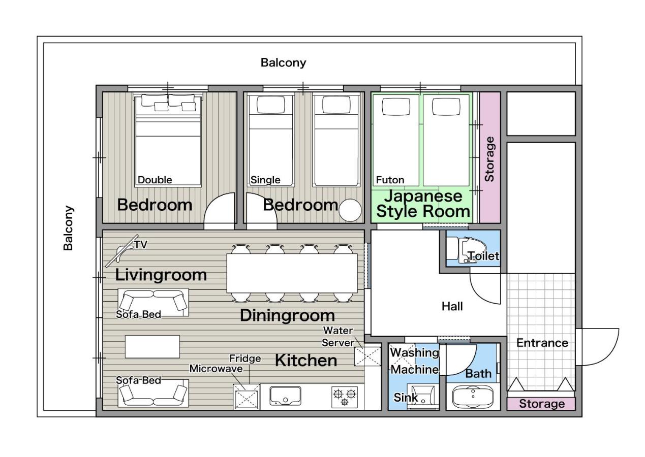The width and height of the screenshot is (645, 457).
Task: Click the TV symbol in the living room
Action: [x=122, y=250]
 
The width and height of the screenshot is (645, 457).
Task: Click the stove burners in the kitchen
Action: [x=345, y=396]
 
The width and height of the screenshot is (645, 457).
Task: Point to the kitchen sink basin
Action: [x=285, y=396]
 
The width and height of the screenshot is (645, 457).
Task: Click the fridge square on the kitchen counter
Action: [x=247, y=397]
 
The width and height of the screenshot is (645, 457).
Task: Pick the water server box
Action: [x=367, y=355]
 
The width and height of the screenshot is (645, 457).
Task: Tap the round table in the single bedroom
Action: [x=350, y=210]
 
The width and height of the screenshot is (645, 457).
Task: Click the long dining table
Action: [x=292, y=273]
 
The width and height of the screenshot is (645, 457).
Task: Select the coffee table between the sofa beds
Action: [x=152, y=346]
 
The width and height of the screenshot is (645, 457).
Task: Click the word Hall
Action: [x=452, y=306]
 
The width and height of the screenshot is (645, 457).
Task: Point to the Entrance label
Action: [x=542, y=343]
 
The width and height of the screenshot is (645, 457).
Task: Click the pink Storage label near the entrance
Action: [x=541, y=404]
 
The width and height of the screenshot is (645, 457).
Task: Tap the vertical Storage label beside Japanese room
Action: [x=489, y=159]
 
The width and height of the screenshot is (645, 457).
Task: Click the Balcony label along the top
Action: [x=283, y=62]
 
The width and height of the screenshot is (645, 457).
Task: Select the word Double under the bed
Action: [x=155, y=180]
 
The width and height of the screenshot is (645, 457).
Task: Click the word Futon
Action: [x=390, y=180]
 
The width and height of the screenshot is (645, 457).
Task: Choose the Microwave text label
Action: [x=216, y=369]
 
